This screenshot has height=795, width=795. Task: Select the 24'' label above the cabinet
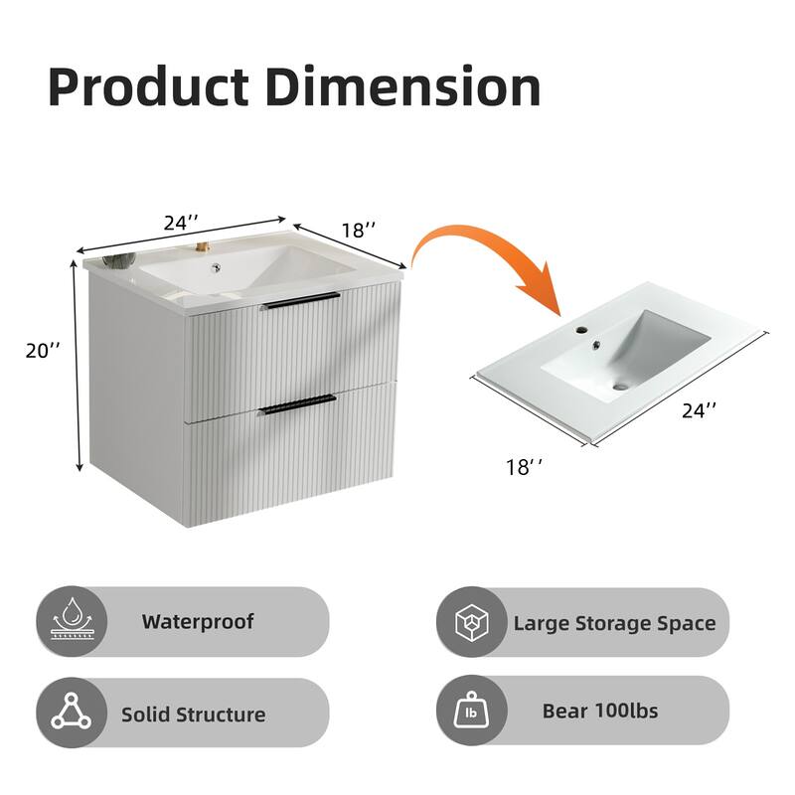180,224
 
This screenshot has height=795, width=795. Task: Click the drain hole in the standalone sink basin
621,385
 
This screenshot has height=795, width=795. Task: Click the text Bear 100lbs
599,712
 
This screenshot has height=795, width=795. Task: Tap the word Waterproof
197,622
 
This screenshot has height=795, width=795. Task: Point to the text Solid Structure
193,714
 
